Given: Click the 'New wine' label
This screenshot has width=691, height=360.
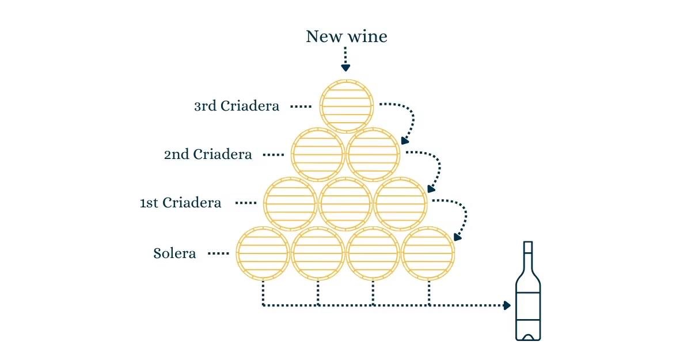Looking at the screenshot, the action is click(347, 36).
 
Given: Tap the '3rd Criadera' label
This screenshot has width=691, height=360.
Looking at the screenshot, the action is click(237, 106).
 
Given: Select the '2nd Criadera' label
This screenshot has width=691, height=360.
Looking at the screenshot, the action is click(208, 154).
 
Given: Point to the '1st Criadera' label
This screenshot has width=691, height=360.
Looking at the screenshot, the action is click(180, 203).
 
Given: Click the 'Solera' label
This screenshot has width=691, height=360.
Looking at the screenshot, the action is click(174, 253).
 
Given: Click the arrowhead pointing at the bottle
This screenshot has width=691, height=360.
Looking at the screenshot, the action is click(507, 305).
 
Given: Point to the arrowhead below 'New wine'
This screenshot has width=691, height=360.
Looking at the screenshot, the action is click(345, 68).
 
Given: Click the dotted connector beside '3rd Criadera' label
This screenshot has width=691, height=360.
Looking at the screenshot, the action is click(301, 107).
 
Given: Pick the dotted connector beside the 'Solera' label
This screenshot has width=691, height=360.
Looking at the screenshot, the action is click(218, 253).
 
